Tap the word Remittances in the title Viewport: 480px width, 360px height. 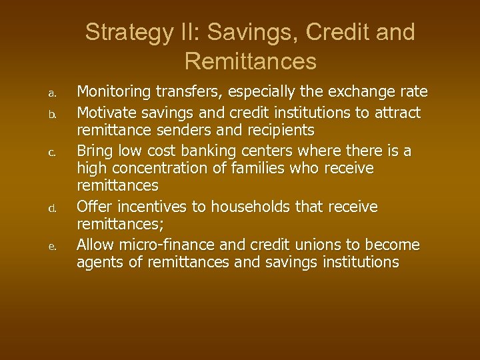pyautogui.click(x=250, y=61)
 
